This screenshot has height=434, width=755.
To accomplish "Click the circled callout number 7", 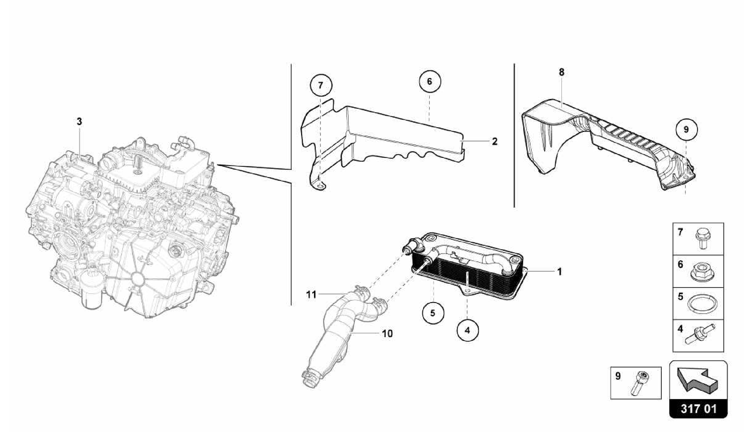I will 320,86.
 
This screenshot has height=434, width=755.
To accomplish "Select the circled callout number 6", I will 429,81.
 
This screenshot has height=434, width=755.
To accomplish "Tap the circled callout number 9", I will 686,130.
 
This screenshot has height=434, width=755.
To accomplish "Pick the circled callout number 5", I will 433,313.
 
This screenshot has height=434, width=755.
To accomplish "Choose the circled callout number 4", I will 467,330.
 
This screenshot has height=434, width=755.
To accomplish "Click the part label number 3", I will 79,122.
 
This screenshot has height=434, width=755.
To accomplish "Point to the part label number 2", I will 494,141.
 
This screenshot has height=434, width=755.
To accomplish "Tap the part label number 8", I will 561,72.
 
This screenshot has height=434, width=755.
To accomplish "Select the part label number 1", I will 559,272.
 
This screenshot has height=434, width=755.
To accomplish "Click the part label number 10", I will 387,333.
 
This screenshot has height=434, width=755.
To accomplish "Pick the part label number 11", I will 311,294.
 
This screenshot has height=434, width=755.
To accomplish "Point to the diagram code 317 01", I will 698,409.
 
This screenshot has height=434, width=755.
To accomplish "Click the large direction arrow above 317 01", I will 697,379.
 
